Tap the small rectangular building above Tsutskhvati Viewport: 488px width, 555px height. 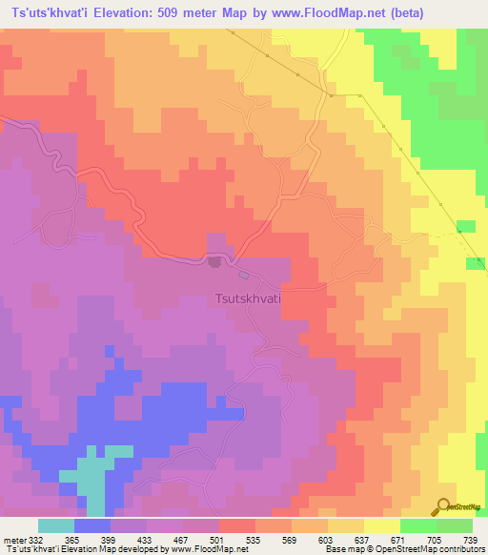pos(245,276)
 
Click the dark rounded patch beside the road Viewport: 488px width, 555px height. pos(215,260)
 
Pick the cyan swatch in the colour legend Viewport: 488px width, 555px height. pos(55,525)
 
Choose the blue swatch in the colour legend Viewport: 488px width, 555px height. pos(91,525)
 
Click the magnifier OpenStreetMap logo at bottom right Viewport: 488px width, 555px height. pos(445,506)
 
